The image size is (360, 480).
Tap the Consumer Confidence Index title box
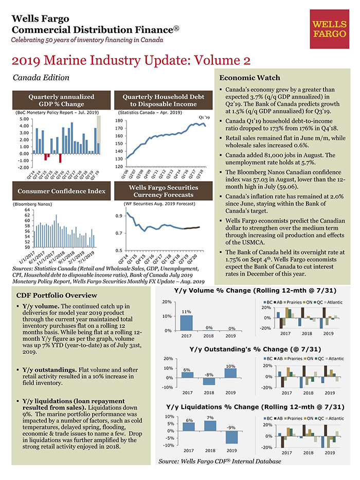(61, 191)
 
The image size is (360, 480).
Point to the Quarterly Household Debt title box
(164, 100)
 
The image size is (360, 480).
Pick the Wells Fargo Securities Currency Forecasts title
(164, 191)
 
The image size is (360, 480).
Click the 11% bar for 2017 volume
(186, 323)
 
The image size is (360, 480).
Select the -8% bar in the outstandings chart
(209, 381)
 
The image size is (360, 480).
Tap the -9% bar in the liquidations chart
(231, 437)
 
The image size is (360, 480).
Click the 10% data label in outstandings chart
(230, 366)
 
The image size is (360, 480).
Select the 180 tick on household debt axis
(119, 121)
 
